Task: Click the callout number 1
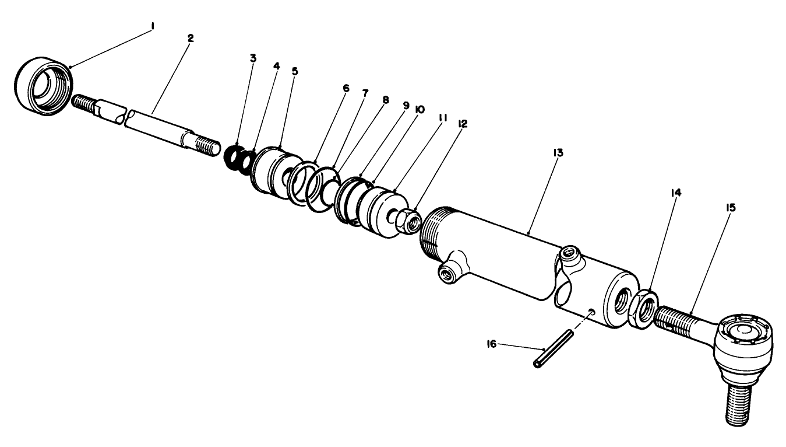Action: click(151, 27)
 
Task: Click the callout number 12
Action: click(463, 124)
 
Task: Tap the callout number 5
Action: click(295, 72)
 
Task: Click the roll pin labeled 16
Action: click(553, 348)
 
